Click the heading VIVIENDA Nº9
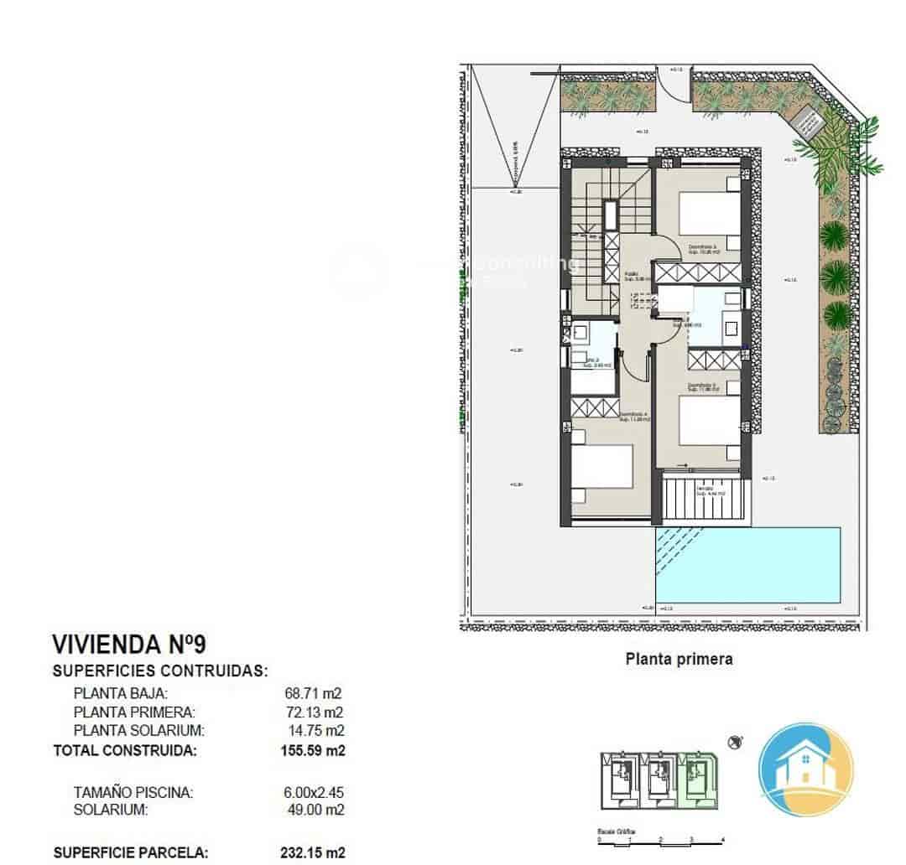(129, 644)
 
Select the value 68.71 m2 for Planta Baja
(315, 693)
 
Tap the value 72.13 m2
(315, 712)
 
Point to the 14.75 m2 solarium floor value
(315, 730)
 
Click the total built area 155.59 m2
(313, 750)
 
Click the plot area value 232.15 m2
(312, 852)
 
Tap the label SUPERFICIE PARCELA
(131, 852)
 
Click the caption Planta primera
(679, 659)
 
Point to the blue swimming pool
(747, 564)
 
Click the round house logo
(805, 769)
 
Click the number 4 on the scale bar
(722, 838)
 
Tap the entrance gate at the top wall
(670, 84)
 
